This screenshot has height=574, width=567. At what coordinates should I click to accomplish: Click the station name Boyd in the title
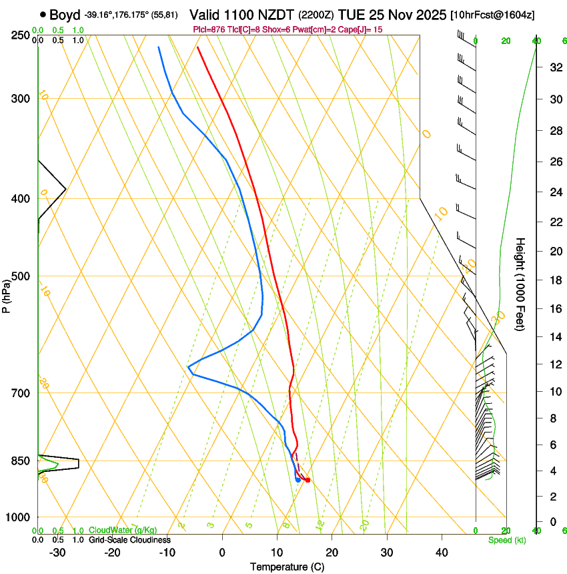tap(65, 15)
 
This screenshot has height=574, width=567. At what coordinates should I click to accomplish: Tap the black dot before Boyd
tap(43, 15)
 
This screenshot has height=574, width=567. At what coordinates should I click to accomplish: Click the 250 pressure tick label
tap(21, 35)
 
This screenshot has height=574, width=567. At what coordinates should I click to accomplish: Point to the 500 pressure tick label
tap(21, 276)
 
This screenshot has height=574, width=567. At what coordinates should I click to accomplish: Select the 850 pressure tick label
tap(21, 461)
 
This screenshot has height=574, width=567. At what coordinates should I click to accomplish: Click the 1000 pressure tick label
tap(19, 517)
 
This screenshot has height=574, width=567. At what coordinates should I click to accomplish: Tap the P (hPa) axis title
tap(7, 294)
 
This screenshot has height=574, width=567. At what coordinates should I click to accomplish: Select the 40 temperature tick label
tap(442, 552)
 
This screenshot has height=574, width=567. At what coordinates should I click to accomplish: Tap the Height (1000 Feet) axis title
tap(520, 284)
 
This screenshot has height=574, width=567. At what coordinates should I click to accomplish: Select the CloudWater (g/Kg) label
tap(123, 531)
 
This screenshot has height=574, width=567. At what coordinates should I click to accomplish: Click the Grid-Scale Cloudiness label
tap(129, 540)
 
